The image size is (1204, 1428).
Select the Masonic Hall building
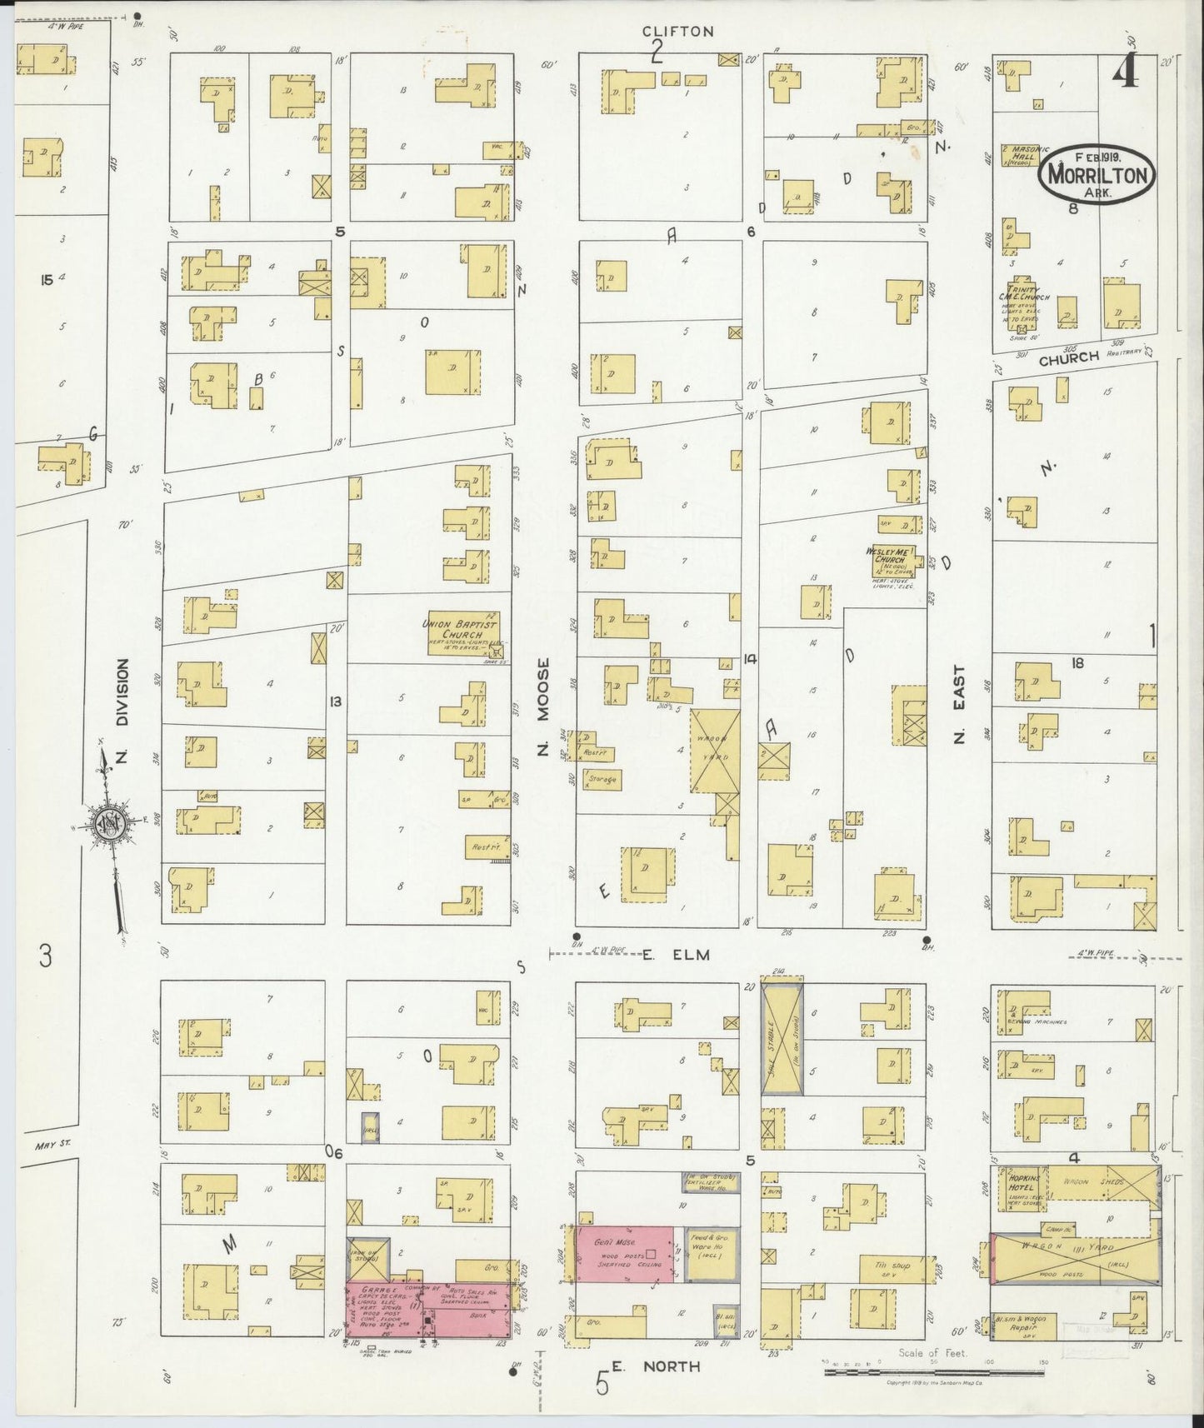(1022, 155)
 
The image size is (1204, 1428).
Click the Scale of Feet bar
(892, 1368)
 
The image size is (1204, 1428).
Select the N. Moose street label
(543, 708)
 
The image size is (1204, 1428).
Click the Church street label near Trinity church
(1069, 357)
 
